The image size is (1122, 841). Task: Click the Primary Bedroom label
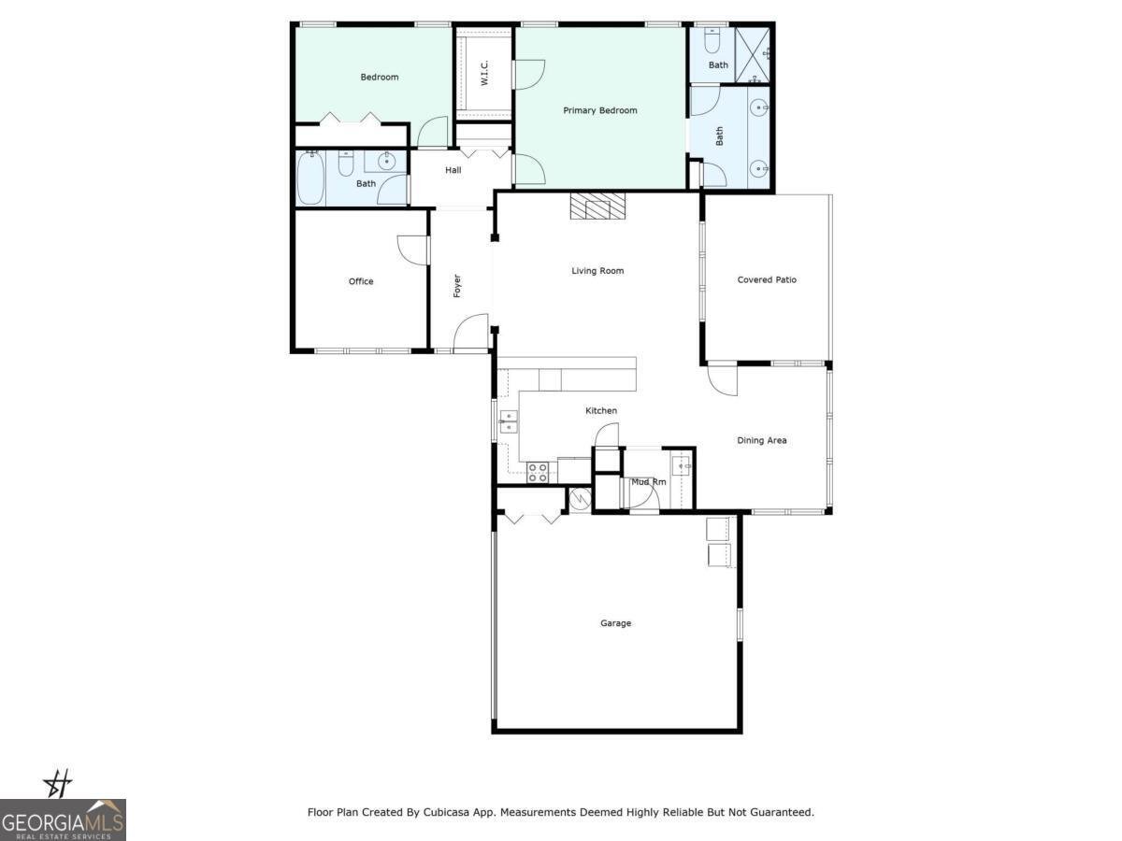599,110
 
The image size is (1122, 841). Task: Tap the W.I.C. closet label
485,75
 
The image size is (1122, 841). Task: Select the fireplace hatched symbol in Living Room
597,206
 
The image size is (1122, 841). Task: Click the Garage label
615,623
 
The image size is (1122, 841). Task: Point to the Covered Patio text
767,279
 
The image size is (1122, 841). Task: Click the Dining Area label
761,440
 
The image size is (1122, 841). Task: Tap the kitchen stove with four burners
538,472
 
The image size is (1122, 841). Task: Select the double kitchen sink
509,421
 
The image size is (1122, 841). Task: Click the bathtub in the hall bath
310,178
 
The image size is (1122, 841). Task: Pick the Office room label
361,281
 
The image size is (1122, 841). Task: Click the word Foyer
457,285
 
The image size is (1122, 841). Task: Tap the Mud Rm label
648,482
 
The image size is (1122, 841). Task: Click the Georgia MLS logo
63,820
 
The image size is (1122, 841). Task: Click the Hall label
453,170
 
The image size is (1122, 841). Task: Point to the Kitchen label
601,411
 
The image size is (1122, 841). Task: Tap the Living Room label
597,271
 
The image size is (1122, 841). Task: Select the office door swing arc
411,249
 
